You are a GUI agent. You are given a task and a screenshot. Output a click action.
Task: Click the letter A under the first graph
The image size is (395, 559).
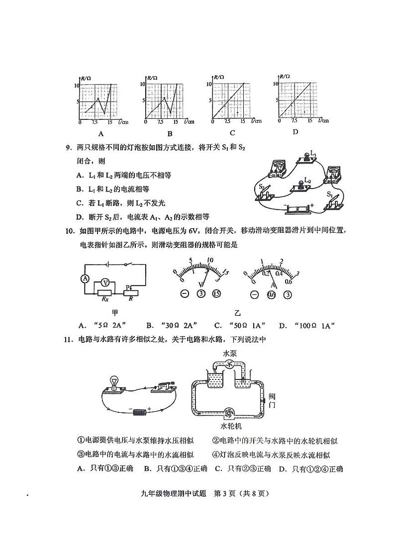[100, 134]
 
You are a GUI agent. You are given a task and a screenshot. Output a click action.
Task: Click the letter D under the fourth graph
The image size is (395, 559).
[295, 132]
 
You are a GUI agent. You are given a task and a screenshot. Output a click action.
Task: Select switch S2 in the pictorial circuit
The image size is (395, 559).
[266, 193]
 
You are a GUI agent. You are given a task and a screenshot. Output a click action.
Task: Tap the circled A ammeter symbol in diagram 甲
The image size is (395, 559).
[85, 279]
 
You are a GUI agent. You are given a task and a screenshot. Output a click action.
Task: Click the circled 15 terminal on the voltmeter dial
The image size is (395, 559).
[216, 293]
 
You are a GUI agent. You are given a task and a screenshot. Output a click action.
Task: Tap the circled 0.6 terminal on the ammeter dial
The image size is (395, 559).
[272, 294]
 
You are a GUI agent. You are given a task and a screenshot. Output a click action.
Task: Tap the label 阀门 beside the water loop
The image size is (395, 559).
[272, 400]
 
